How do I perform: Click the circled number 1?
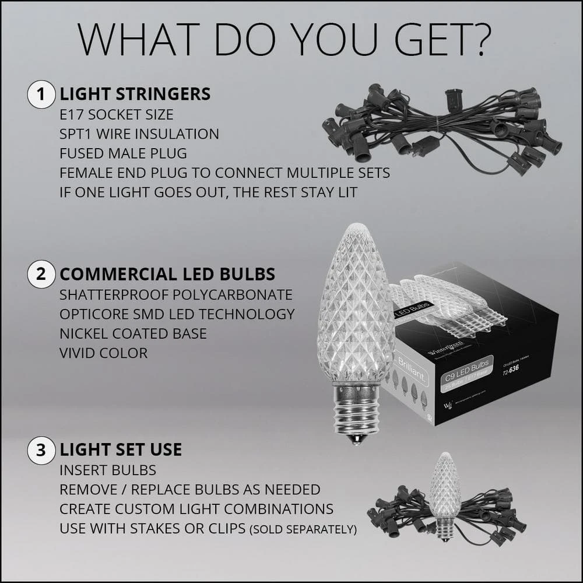click(x=41, y=94)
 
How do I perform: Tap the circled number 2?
click(x=41, y=274)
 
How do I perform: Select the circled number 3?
click(x=41, y=449)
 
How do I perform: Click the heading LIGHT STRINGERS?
click(x=135, y=94)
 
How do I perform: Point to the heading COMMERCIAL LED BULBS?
click(x=167, y=274)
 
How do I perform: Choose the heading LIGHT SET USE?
click(x=121, y=449)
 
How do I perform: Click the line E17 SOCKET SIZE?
click(x=116, y=114)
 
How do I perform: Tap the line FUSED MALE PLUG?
click(x=123, y=154)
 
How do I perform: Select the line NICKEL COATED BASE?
click(x=133, y=333)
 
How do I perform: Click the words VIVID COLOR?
click(x=103, y=353)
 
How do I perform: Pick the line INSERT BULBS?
click(x=107, y=469)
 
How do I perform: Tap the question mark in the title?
click(x=480, y=40)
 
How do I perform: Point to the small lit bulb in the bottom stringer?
click(x=445, y=490)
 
